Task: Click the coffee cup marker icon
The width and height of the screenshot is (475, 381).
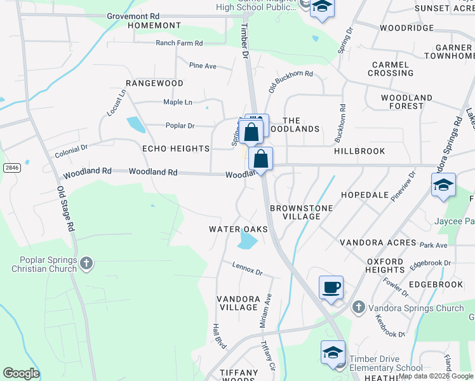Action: click(x=331, y=288)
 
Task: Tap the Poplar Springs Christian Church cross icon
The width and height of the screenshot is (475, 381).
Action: click(x=86, y=262)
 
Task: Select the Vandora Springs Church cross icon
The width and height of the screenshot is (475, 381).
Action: click(x=358, y=308)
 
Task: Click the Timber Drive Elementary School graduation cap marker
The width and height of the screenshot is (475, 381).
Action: click(x=333, y=353)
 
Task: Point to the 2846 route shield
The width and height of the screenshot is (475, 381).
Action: click(x=10, y=167)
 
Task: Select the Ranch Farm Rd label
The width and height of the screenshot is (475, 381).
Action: click(x=179, y=43)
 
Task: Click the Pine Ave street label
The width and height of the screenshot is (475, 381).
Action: click(x=203, y=65)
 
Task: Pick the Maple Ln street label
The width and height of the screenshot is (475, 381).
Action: click(x=177, y=102)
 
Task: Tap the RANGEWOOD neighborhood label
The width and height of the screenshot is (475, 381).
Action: click(x=154, y=83)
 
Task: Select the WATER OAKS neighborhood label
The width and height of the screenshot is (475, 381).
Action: click(x=239, y=229)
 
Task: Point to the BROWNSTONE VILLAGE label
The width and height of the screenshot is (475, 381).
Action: click(x=295, y=212)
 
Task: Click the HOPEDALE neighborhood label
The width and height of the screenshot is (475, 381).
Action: click(x=365, y=195)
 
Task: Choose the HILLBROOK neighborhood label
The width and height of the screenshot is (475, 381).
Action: click(x=359, y=152)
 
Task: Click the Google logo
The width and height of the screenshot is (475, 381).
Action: click(x=21, y=373)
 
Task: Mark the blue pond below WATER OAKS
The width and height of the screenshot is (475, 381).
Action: click(x=247, y=241)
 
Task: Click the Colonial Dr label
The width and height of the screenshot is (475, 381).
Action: click(x=71, y=151)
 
